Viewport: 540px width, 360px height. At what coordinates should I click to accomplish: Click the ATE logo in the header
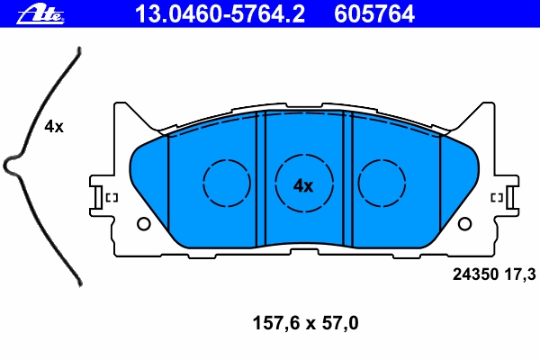(x=40, y=14)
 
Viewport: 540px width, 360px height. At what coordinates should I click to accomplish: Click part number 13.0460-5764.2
(x=220, y=14)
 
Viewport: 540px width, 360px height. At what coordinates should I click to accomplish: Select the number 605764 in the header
(x=374, y=14)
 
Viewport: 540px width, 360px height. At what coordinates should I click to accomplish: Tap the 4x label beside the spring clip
(x=54, y=127)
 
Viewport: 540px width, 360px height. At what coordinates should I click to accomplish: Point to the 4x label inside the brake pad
(x=303, y=186)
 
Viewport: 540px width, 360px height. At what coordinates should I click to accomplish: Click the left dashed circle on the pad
(x=227, y=184)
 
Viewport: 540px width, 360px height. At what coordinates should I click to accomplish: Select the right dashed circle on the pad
(x=382, y=184)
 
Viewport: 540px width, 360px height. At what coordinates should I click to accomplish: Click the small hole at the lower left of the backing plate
(x=144, y=224)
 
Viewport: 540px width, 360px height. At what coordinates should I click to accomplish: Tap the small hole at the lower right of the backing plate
(x=464, y=224)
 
